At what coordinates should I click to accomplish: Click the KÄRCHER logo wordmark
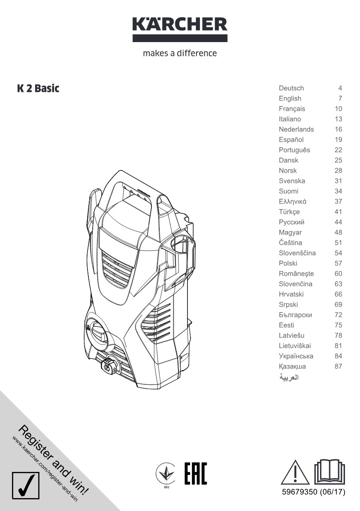tap(180, 25)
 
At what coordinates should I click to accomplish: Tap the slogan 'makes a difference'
tap(180, 53)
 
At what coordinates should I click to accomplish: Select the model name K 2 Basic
tap(38, 88)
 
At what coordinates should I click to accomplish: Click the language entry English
tap(290, 98)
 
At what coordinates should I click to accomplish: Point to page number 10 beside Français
tap(338, 109)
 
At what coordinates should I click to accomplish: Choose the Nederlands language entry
tap(296, 129)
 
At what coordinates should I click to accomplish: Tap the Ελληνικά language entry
tap(293, 201)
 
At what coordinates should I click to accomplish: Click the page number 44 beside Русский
tap(338, 222)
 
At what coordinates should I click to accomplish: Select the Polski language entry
tap(288, 263)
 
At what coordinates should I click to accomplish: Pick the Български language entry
tap(295, 315)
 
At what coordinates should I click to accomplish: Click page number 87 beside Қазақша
tap(338, 366)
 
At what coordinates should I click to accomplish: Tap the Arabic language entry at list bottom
tap(289, 377)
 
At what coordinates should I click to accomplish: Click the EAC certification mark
tap(196, 474)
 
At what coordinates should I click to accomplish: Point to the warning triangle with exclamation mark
tap(295, 472)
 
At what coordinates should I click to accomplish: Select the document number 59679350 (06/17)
tap(314, 492)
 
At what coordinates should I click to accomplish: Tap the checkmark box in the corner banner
tap(26, 485)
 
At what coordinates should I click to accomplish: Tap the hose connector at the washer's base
tap(109, 366)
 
